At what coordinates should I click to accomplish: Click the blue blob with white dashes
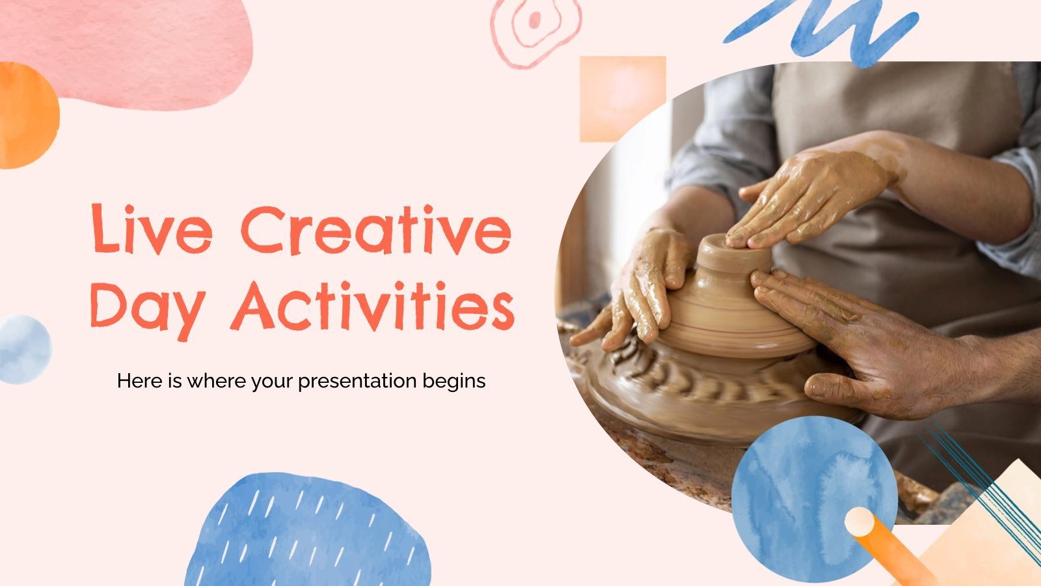[x=306, y=531]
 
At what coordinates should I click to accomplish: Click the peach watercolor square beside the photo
[x=621, y=98]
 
